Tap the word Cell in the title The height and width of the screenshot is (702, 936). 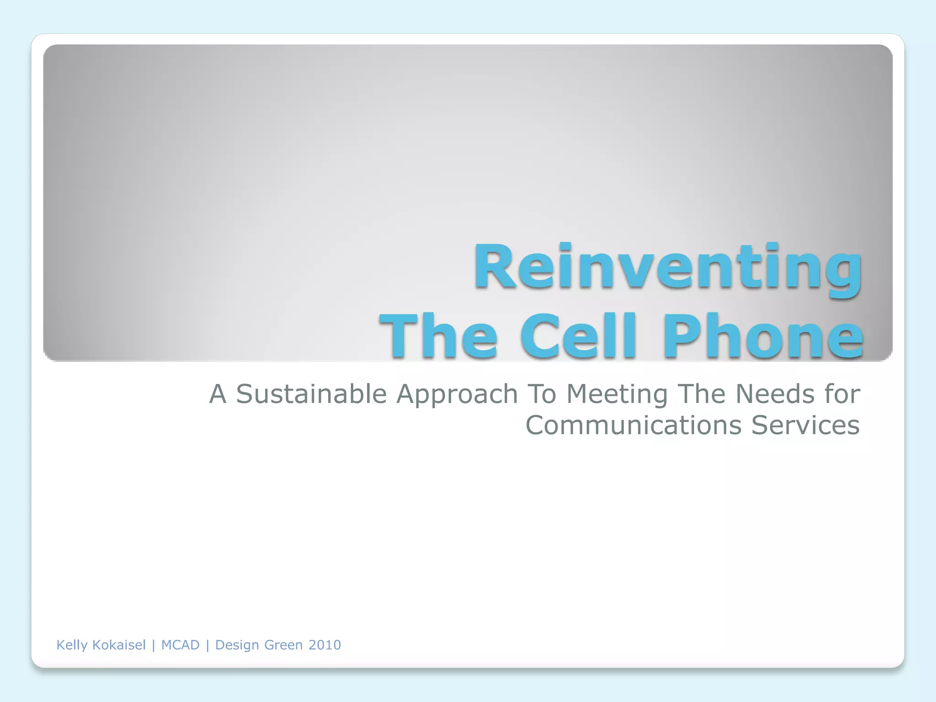[x=578, y=336]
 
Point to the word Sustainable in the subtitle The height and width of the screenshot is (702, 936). [x=311, y=394]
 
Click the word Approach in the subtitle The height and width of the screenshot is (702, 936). [x=457, y=394]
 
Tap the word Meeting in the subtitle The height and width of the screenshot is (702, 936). [x=617, y=394]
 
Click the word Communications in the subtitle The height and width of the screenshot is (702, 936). [x=633, y=425]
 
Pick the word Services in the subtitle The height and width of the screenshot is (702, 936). [x=805, y=425]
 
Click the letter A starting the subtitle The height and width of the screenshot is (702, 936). [x=218, y=394]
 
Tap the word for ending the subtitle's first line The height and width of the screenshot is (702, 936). [x=842, y=394]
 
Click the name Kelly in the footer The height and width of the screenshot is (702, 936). [x=72, y=645]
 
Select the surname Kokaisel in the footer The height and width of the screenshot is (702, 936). [x=119, y=645]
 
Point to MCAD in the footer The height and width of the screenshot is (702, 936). [x=180, y=645]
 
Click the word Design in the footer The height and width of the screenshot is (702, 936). [x=236, y=645]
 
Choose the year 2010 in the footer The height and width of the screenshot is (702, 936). [x=324, y=645]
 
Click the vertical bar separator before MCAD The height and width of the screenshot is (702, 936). [x=154, y=645]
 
